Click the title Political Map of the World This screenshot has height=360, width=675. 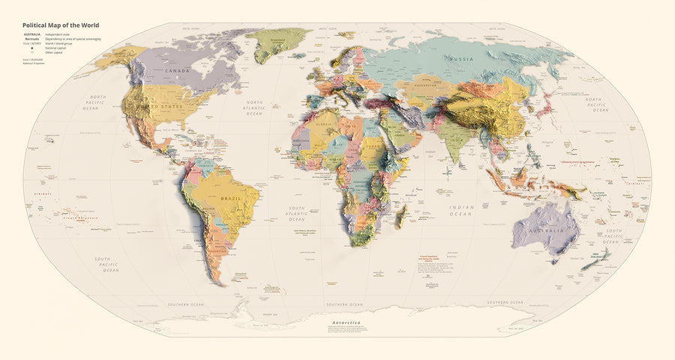[x=61, y=25]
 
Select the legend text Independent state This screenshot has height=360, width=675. [x=61, y=35]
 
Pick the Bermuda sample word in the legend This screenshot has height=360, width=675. [x=32, y=40]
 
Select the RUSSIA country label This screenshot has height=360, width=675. [x=460, y=58]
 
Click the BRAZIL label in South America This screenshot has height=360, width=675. [x=229, y=198]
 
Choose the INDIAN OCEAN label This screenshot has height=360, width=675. [x=460, y=210]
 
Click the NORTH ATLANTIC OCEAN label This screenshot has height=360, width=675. [x=254, y=108]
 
